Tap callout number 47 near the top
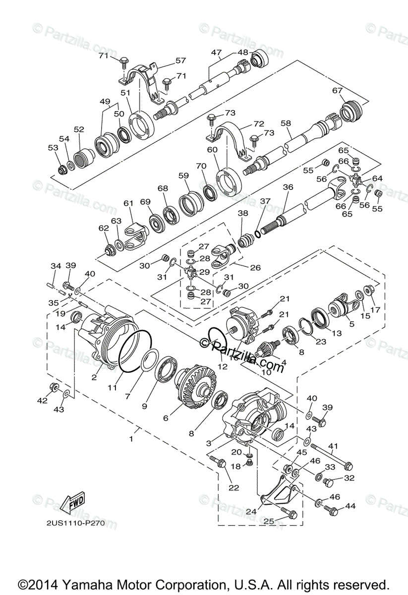pyautogui.click(x=216, y=53)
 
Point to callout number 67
pyautogui.click(x=338, y=91)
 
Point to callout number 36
pyautogui.click(x=288, y=187)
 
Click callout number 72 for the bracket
pyautogui.click(x=259, y=123)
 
